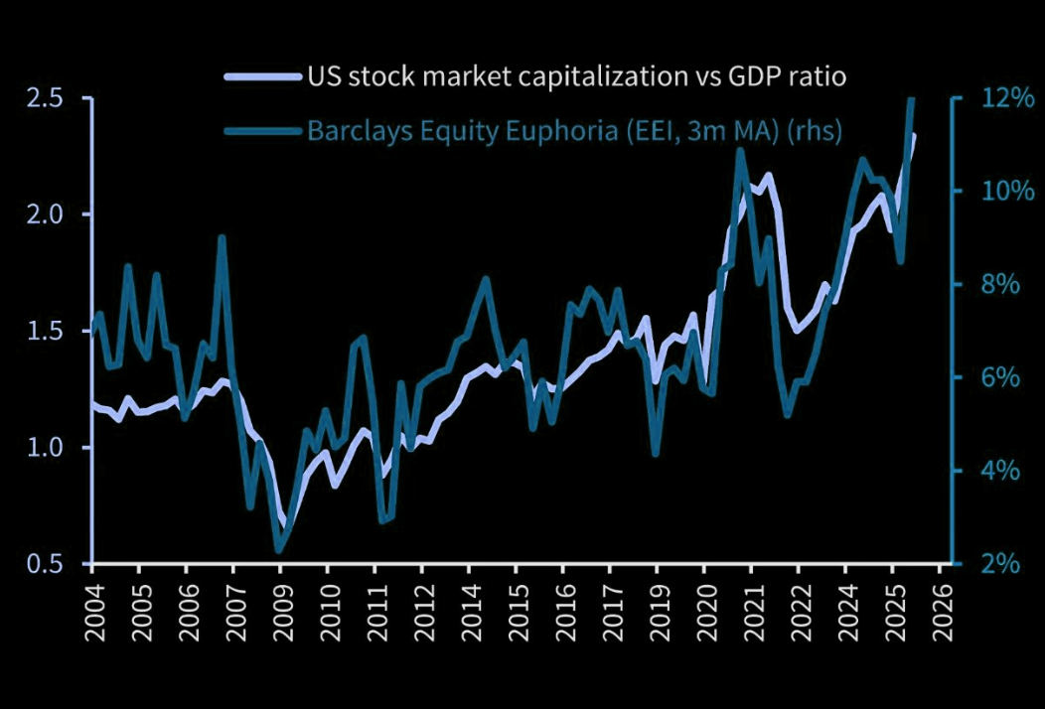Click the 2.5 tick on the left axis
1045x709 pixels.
[48, 98]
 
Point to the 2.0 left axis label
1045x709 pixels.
[48, 214]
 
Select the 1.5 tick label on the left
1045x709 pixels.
[48, 331]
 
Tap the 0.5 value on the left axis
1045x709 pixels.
[48, 563]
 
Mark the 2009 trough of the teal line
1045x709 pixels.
[279, 548]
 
